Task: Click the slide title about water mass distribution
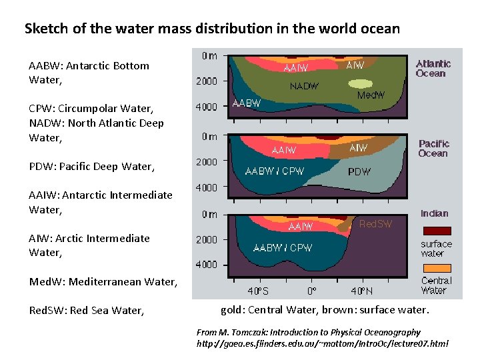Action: [x=212, y=29]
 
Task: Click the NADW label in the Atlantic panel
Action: [x=304, y=86]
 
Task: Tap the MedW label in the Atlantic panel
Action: [x=371, y=95]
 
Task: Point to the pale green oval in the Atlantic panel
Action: [x=361, y=84]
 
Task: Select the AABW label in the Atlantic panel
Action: [x=246, y=103]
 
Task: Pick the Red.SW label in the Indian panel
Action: [x=376, y=224]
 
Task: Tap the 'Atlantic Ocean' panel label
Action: [x=433, y=69]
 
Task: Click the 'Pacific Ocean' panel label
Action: [x=434, y=148]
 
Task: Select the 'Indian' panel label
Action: [x=435, y=213]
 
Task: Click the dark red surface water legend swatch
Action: [x=437, y=231]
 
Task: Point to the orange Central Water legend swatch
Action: [x=437, y=268]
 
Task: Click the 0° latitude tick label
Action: [x=311, y=291]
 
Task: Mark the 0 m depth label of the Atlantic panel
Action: [x=209, y=56]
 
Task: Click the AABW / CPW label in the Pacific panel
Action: [x=275, y=171]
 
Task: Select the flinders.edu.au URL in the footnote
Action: [x=322, y=344]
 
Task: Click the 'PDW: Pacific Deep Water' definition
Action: [x=92, y=167]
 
